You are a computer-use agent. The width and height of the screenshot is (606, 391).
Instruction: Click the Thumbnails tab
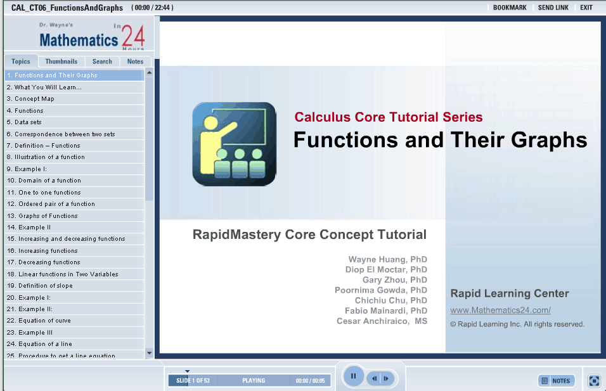pos(61,61)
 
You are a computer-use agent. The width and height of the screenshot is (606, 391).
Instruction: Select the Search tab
pos(102,61)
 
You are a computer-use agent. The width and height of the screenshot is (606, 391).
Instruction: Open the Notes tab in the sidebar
pos(135,61)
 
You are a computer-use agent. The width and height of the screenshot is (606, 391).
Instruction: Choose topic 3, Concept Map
pos(30,99)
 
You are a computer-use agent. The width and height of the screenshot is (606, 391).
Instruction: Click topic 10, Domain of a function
pos(44,181)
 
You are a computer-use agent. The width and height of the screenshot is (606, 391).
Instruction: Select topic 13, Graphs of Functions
pos(42,215)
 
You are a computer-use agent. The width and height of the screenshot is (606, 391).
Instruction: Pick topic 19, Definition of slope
pos(40,286)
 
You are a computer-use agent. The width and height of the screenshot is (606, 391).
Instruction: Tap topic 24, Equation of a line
pos(39,344)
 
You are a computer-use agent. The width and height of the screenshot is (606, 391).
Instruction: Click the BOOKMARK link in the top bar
pos(510,8)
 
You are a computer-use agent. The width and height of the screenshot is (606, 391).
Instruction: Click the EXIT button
pos(586,8)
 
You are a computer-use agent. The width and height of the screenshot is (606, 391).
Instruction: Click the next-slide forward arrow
pos(387,378)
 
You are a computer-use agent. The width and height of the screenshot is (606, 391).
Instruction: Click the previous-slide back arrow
pos(374,378)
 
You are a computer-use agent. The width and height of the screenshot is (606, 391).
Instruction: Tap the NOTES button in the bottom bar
pos(557,381)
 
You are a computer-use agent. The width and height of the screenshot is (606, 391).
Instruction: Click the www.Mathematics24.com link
pos(501,311)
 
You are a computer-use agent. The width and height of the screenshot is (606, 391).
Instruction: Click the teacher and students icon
pos(234,144)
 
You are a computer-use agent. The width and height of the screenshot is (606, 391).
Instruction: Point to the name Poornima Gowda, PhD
pos(381,290)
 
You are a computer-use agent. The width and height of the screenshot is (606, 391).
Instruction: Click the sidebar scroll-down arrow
pos(149,353)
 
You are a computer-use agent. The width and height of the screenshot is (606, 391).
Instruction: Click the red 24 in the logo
pos(133,36)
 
